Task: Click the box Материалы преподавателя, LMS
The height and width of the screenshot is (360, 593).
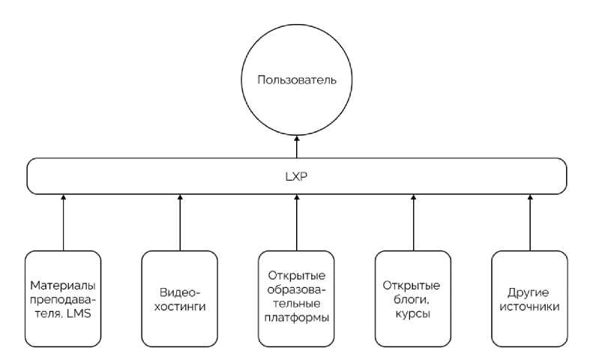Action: (62, 298)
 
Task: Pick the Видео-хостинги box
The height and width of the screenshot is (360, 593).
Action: (179, 298)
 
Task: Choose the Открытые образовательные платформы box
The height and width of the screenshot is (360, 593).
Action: (296, 298)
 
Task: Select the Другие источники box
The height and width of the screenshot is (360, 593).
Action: (530, 298)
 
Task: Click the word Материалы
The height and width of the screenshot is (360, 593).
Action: (62, 286)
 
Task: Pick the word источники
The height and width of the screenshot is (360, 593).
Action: (530, 307)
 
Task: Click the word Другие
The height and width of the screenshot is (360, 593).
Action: (530, 292)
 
